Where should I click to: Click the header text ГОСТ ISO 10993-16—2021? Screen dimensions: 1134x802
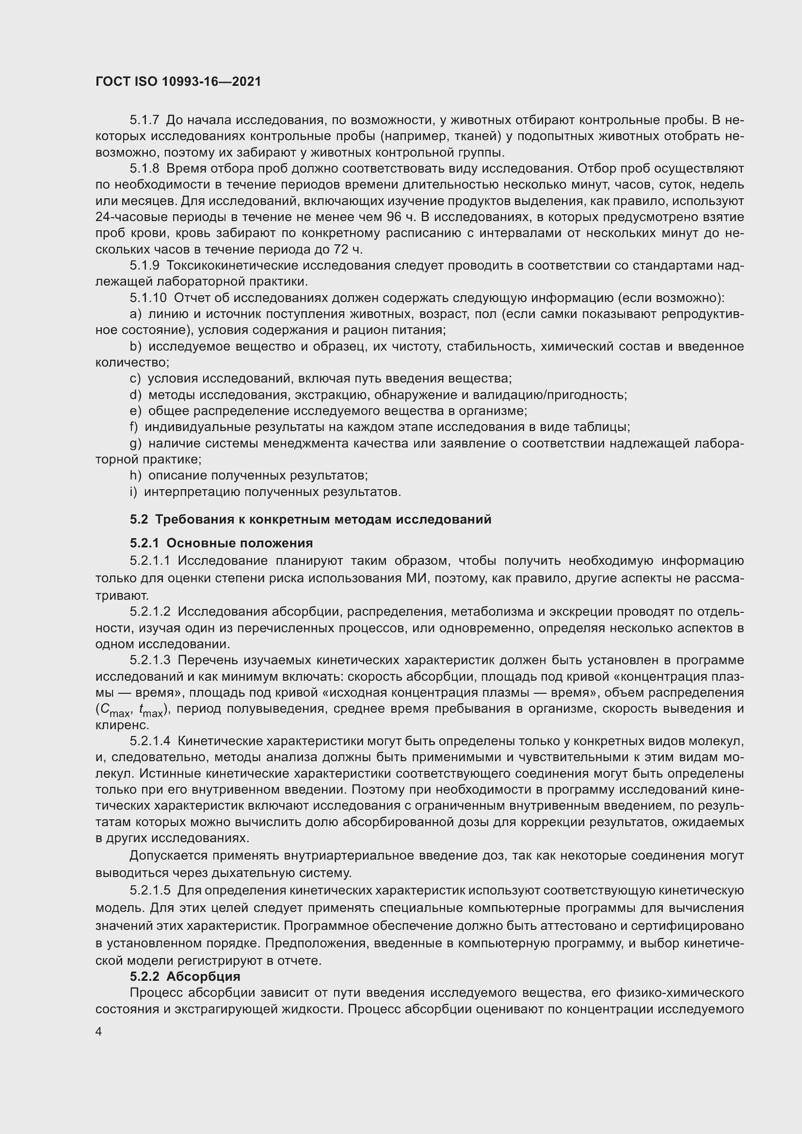[x=178, y=81]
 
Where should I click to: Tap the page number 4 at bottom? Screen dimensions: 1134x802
[x=99, y=1032]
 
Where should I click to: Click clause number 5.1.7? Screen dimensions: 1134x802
[x=144, y=120]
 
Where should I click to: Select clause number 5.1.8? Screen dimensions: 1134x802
[x=144, y=169]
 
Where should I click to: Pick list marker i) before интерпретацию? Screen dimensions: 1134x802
[x=134, y=493]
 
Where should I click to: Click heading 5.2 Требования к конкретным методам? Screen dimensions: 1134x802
[x=311, y=520]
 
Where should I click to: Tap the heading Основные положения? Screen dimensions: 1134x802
[x=240, y=543]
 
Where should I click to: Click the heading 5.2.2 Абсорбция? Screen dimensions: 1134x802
[x=185, y=976]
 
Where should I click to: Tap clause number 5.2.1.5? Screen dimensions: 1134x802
[x=150, y=891]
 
